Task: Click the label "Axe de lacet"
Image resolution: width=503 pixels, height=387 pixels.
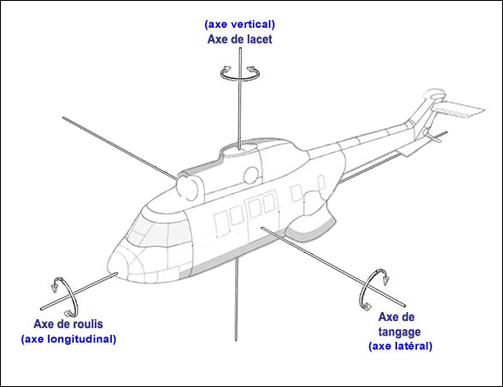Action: pos(237,39)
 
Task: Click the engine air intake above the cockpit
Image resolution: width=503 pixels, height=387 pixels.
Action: pos(187,184)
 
